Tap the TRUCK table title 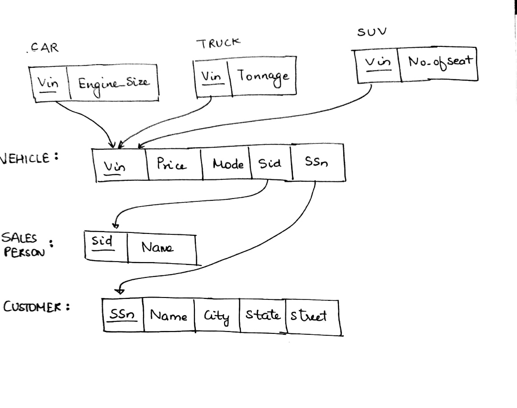[218, 43]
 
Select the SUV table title [371, 33]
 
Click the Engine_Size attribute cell [113, 84]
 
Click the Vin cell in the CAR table [48, 83]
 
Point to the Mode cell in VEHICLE [228, 165]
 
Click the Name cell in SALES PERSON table [157, 248]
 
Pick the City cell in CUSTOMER [216, 316]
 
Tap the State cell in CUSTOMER [262, 315]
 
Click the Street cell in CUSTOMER [313, 316]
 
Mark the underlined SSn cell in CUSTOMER [123, 315]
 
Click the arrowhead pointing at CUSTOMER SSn [120, 290]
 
